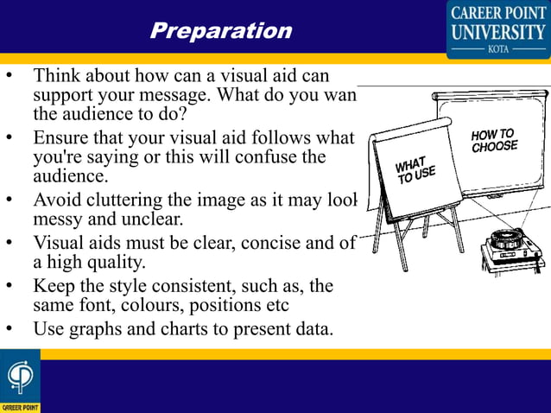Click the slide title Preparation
click(x=221, y=31)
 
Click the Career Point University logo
click(x=497, y=28)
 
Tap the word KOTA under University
click(x=498, y=49)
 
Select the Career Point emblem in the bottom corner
click(x=19, y=380)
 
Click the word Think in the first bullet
click(x=58, y=76)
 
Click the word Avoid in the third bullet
click(x=57, y=200)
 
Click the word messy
click(x=58, y=219)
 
